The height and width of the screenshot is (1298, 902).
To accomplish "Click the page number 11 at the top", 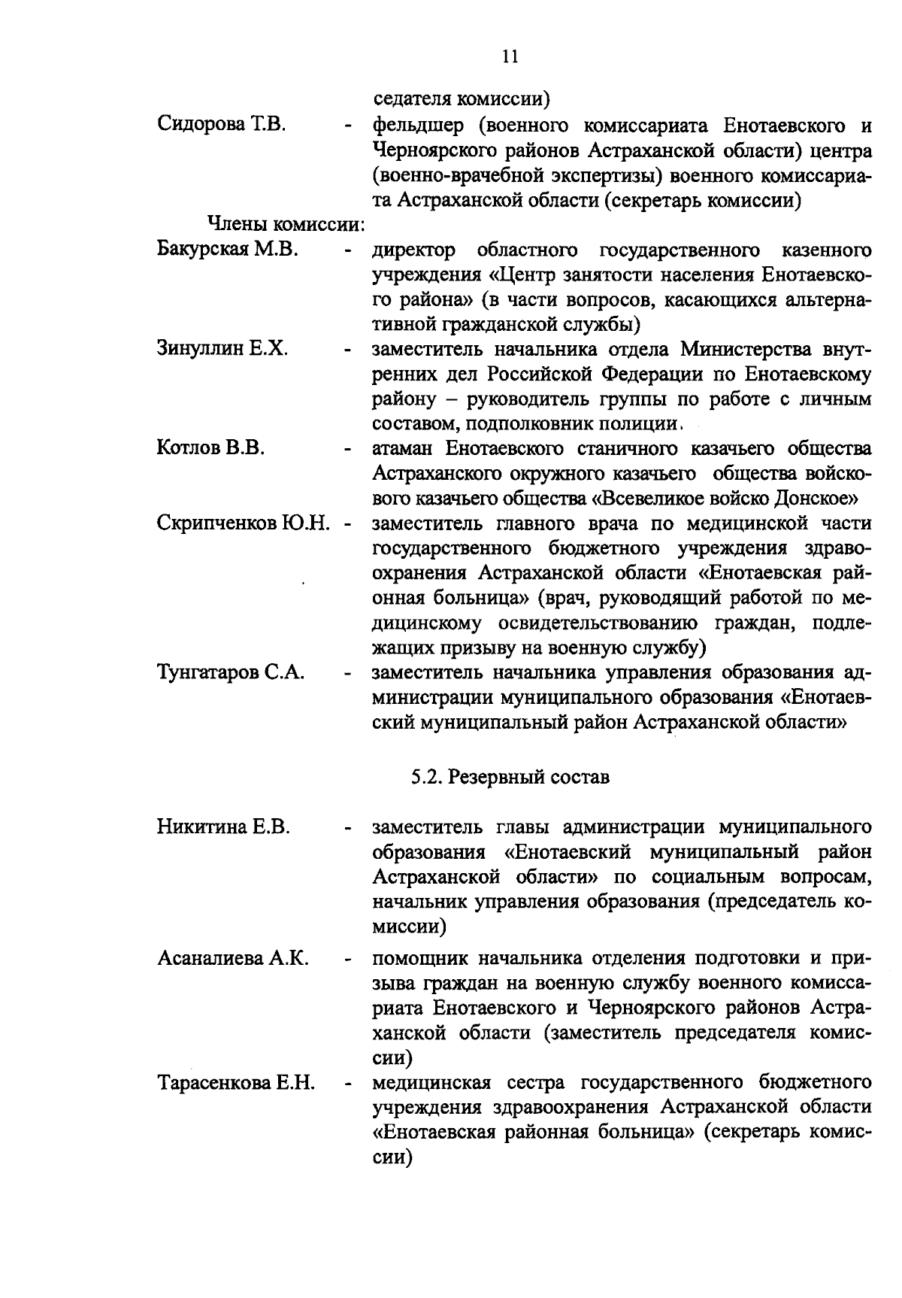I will pyautogui.click(x=510, y=57).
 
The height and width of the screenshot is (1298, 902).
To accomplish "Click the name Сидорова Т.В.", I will pyautogui.click(x=221, y=124).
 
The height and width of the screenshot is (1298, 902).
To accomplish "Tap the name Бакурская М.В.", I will pyautogui.click(x=228, y=249).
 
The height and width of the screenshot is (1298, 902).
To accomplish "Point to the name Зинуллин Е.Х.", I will pyautogui.click(x=222, y=349).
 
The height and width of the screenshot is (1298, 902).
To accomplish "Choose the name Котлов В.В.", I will pyautogui.click(x=210, y=449).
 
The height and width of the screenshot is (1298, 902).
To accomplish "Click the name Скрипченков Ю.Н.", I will pyautogui.click(x=244, y=523).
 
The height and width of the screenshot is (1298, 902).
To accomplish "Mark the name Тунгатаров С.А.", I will pyautogui.click(x=231, y=672).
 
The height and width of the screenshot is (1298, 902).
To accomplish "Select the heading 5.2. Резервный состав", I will pyautogui.click(x=510, y=778).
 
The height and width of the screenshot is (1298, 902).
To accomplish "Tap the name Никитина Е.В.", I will pyautogui.click(x=223, y=827).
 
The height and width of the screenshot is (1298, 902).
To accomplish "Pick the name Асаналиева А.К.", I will pyautogui.click(x=233, y=959).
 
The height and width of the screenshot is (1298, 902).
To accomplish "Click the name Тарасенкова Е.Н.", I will pyautogui.click(x=235, y=1084).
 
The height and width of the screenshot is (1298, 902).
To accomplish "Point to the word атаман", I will pyautogui.click(x=403, y=450).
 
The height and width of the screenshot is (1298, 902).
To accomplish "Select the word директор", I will pyautogui.click(x=414, y=250).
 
